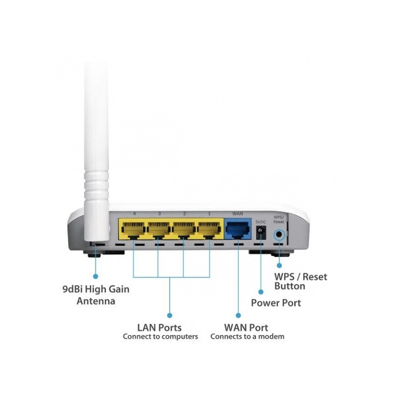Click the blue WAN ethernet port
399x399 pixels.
(x=237, y=229)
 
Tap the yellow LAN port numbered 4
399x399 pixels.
(x=133, y=230)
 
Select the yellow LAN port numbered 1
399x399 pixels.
(x=209, y=230)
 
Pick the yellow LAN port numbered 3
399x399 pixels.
(x=159, y=230)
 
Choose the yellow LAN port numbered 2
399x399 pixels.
(x=184, y=230)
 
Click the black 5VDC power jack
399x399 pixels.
(x=260, y=232)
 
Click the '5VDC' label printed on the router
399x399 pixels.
(x=260, y=222)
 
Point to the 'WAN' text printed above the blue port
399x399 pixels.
(x=237, y=214)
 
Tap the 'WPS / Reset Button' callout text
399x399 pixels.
(x=301, y=281)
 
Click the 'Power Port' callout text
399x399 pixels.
(x=276, y=303)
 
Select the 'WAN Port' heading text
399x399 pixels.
(x=246, y=328)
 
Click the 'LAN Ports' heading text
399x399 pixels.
(x=160, y=328)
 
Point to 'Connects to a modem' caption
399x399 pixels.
(x=247, y=337)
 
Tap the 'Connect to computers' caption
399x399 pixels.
(x=160, y=337)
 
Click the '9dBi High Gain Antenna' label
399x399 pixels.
(x=96, y=295)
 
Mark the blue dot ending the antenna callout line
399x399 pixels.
(x=95, y=276)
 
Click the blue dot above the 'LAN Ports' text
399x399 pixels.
(x=170, y=316)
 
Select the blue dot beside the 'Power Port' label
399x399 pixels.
(x=260, y=292)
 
